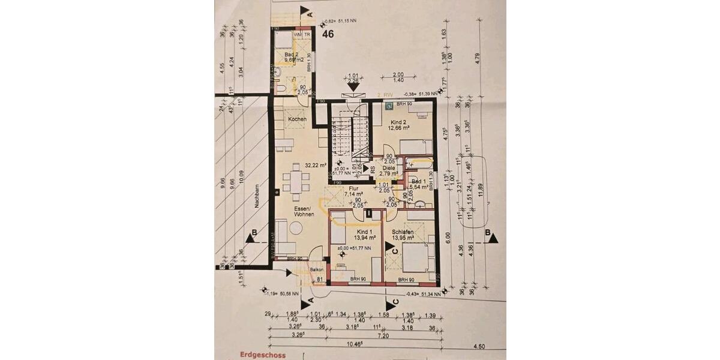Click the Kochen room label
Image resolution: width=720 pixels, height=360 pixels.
(x=297, y=119)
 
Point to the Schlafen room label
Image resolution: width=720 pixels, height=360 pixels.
(x=403, y=232)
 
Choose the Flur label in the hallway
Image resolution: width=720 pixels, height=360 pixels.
(x=353, y=188)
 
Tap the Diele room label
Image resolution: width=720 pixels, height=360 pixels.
(x=389, y=168)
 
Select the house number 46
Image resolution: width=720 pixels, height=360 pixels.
(x=328, y=35)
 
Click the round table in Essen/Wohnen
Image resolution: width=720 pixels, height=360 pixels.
(x=296, y=227)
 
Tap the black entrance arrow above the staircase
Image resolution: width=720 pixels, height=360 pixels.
(x=353, y=86)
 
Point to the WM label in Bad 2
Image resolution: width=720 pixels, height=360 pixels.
(x=297, y=34)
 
